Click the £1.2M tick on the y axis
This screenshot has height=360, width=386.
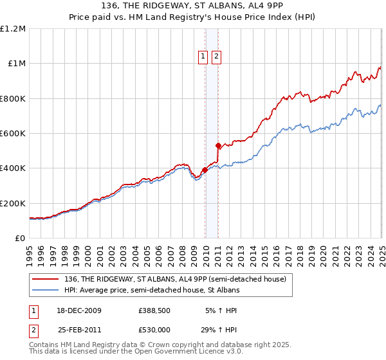point(13,29)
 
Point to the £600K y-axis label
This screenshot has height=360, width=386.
point(13,134)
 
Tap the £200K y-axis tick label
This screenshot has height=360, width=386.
point(13,203)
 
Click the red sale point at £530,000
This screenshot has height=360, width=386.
point(219,145)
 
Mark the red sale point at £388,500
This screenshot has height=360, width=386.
point(205,170)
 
